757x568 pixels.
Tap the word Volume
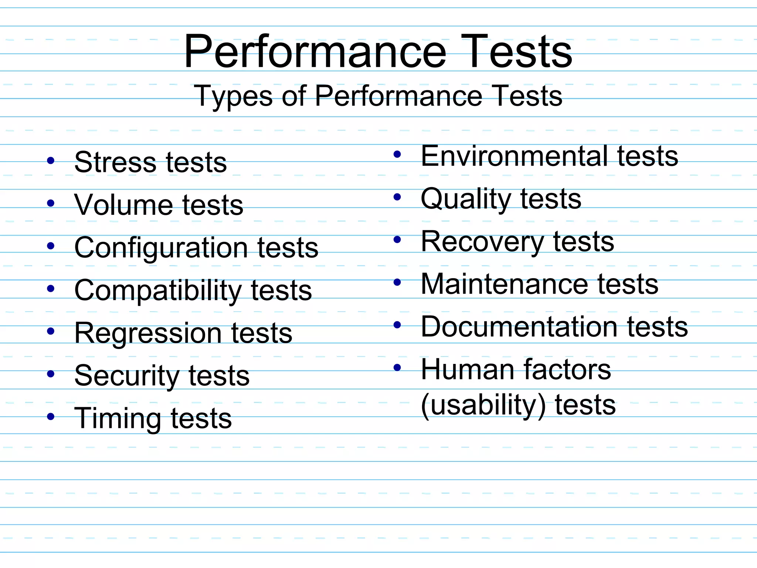(x=123, y=205)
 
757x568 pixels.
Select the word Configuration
(x=160, y=248)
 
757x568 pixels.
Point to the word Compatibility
(x=157, y=291)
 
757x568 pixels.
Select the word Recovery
(x=482, y=242)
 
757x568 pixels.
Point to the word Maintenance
(x=505, y=284)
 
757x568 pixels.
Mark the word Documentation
(x=519, y=327)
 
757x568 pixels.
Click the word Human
(x=467, y=370)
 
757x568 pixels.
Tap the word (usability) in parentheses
(x=483, y=405)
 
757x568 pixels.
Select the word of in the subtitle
(x=294, y=96)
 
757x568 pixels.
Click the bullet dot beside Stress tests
(x=51, y=161)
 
